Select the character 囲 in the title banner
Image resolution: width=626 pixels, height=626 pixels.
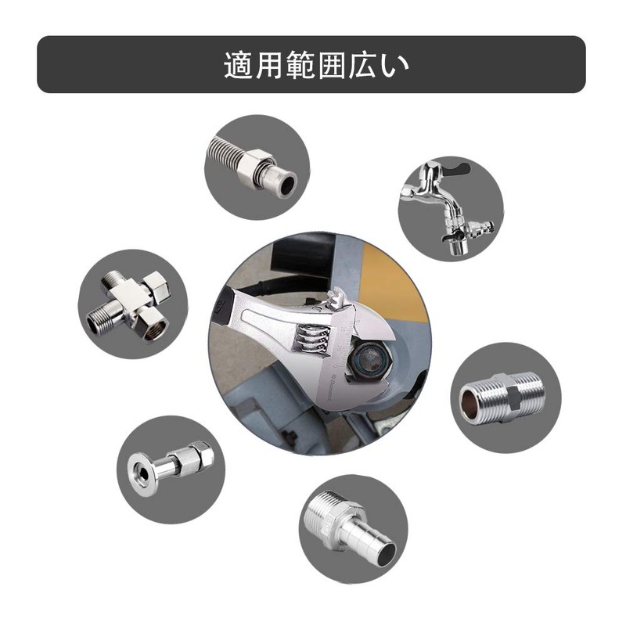pyautogui.click(x=331, y=65)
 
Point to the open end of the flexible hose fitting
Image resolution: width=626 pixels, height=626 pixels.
pyautogui.click(x=287, y=185)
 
